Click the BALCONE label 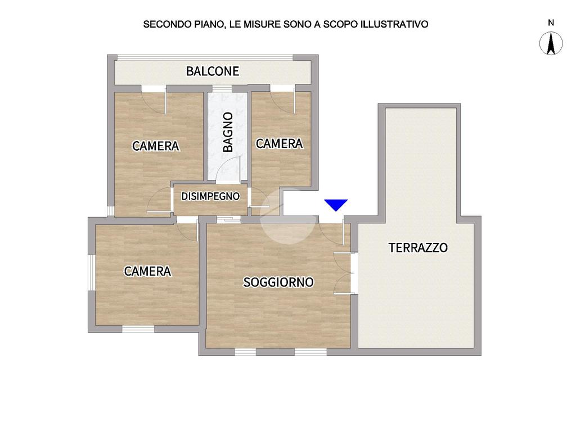point(212,71)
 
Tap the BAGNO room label point(228,132)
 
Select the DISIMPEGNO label point(210,196)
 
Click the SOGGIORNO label point(278,282)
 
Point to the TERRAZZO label point(418,247)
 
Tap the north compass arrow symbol point(551,43)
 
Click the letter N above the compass point(551,22)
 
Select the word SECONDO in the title point(167,24)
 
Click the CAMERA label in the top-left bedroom point(156,146)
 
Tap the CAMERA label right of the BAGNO point(279,143)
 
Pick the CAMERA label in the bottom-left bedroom point(147,271)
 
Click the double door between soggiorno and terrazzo point(345,273)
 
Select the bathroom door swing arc point(228,169)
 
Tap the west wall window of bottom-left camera point(91,273)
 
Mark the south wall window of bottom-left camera point(138,328)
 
